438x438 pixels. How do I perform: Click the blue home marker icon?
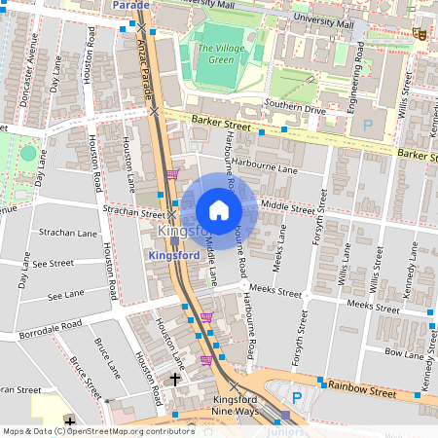pyautogui.click(x=219, y=210)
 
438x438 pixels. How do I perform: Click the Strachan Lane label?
pyautogui.click(x=67, y=234)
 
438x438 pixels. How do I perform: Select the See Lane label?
pyautogui.click(x=65, y=294)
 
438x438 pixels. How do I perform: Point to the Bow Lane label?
pyautogui.click(x=406, y=351)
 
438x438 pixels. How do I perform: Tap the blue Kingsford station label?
pyautogui.click(x=175, y=254)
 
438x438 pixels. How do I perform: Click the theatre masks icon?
pyautogui.click(x=420, y=33)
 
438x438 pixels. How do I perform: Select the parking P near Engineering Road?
pyautogui.click(x=368, y=125)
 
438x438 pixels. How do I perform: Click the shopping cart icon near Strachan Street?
pyautogui.click(x=172, y=175)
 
